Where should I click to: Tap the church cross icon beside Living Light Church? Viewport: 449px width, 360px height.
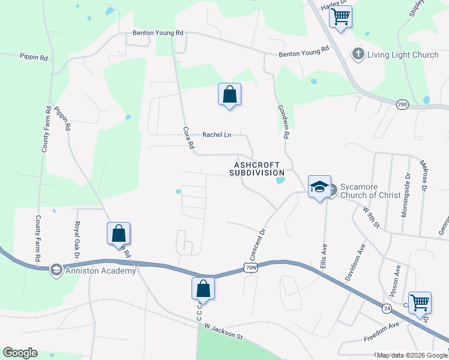click(x=358, y=55)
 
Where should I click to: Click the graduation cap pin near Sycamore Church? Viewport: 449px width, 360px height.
click(x=320, y=187)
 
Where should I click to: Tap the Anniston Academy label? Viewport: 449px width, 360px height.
click(x=95, y=269)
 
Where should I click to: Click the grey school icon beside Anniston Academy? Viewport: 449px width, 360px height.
click(x=56, y=269)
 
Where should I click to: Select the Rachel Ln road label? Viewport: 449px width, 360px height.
click(x=216, y=135)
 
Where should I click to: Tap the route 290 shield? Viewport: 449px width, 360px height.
click(x=403, y=104)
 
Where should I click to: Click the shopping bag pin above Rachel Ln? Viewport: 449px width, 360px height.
click(x=229, y=94)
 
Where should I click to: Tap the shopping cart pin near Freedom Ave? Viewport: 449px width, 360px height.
click(x=419, y=302)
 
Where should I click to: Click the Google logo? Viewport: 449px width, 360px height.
click(x=20, y=353)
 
